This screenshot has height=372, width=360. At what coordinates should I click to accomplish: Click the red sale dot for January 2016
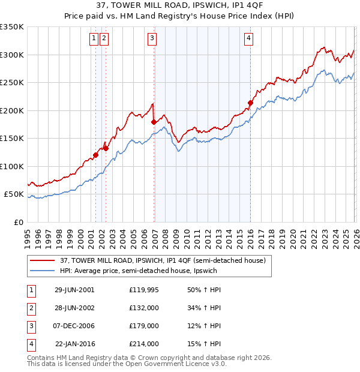click(250, 103)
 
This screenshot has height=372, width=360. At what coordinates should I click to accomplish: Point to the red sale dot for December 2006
click(154, 122)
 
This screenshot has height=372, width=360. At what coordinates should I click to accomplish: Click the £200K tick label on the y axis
click(12, 110)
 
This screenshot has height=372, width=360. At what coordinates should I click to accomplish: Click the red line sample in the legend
click(43, 260)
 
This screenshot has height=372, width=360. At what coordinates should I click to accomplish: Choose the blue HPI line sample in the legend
click(43, 271)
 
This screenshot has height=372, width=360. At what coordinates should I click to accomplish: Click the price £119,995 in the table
click(144, 289)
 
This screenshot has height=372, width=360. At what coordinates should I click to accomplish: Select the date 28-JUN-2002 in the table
click(74, 308)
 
